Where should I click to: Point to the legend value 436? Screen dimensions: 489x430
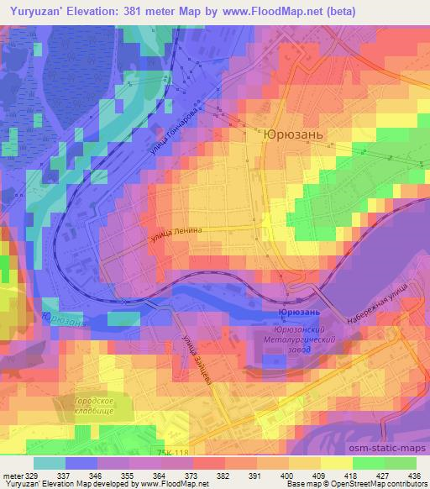pyautogui.click(x=413, y=475)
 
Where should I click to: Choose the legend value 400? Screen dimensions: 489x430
pyautogui.click(x=287, y=475)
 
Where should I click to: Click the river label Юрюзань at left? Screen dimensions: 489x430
pyautogui.click(x=60, y=320)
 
